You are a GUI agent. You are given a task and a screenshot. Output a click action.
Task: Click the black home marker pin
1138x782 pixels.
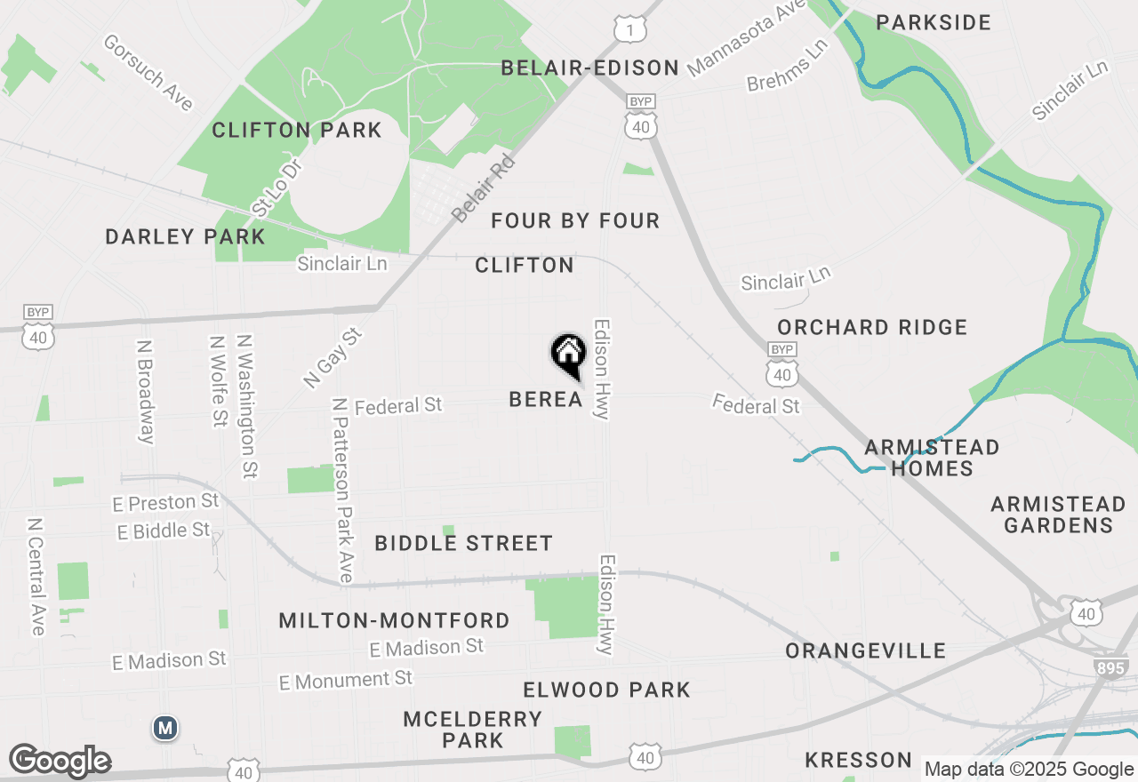tap(568, 355)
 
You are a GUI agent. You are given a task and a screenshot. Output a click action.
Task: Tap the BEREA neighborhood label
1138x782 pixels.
tap(546, 400)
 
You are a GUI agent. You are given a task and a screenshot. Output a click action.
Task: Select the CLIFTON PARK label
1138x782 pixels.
tap(296, 131)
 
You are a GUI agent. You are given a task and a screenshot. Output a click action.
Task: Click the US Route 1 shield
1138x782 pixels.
tap(630, 30)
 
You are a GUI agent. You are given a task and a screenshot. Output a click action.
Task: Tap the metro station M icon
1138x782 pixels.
tap(164, 729)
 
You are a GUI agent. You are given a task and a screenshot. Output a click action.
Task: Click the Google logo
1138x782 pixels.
tap(60, 762)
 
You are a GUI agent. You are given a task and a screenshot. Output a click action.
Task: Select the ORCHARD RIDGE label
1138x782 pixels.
tap(872, 327)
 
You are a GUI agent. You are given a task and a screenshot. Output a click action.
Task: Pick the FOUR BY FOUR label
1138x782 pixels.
tap(575, 220)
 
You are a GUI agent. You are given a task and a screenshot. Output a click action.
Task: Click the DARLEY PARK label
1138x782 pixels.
tap(185, 236)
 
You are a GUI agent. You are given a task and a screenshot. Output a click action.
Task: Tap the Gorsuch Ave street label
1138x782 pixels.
tap(148, 73)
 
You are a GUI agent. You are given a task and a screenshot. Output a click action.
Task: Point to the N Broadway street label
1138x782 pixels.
tap(146, 391)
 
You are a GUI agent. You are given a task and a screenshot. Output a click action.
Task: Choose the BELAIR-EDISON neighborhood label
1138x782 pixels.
tap(589, 68)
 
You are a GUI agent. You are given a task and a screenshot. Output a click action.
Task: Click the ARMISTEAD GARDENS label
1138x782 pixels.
tap(1052, 515)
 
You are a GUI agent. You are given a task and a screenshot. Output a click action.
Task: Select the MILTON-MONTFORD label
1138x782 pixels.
tap(394, 620)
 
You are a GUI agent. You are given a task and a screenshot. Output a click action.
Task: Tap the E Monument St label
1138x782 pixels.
tap(346, 681)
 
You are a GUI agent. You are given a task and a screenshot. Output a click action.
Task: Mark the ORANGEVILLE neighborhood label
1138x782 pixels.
tap(865, 650)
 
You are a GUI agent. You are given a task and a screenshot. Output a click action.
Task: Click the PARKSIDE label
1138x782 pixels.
tap(934, 22)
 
